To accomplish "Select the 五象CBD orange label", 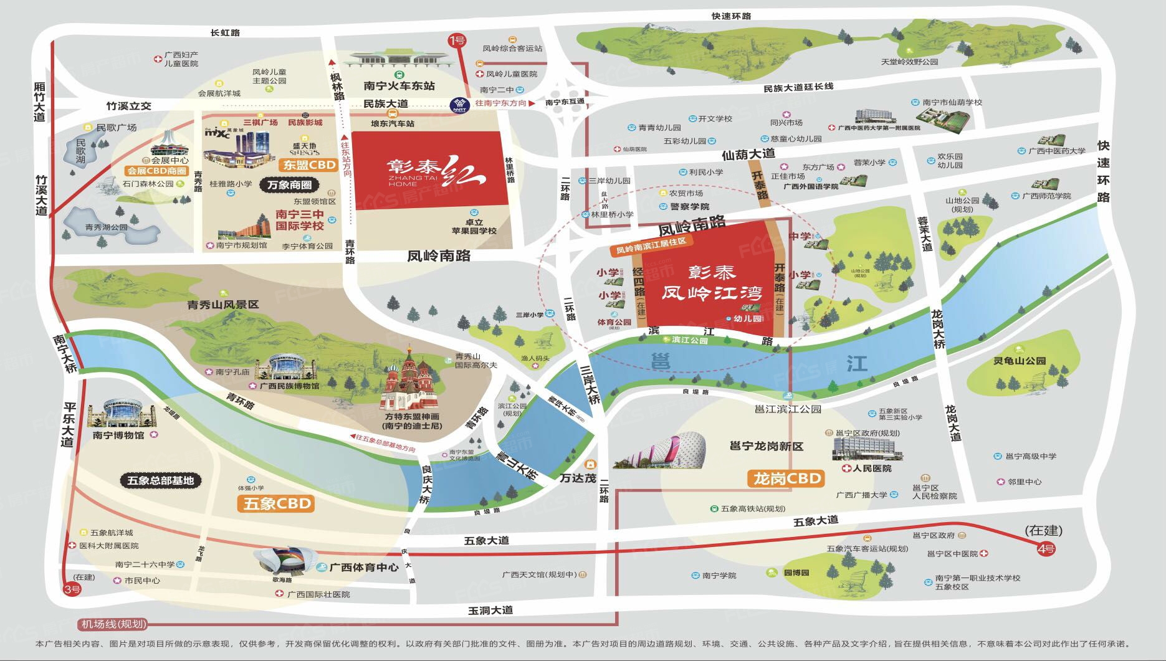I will click(x=275, y=503).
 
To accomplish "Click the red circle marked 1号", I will click(x=457, y=41).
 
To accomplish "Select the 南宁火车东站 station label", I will click(x=399, y=86).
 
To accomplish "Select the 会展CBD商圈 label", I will click(x=156, y=171).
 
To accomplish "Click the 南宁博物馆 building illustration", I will click(x=121, y=414).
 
